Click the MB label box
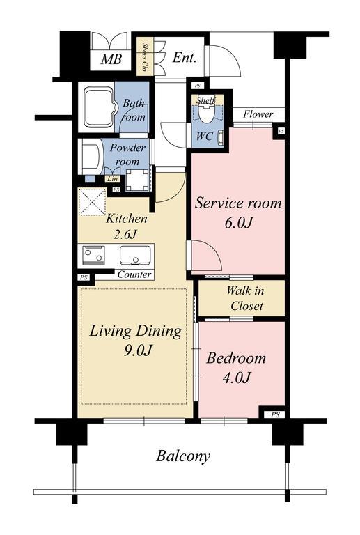111,59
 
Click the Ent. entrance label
184,58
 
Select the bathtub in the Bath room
98,107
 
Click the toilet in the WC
206,113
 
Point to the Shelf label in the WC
207,100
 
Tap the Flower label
258,114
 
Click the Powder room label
127,154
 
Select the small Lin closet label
112,178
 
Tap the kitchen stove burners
93,255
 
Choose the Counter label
134,274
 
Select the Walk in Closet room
242,298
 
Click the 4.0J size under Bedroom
237,378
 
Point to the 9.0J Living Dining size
136,350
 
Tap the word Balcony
182,456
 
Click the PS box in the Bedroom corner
275,414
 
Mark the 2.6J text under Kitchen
125,234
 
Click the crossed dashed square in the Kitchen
92,201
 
